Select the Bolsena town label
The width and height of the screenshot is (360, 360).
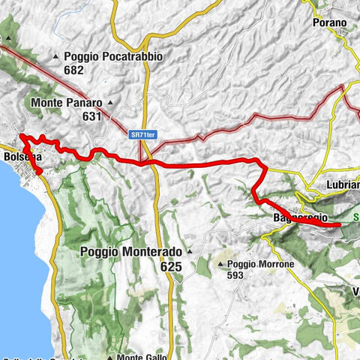[21, 157]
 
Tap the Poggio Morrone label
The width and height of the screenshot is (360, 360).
[262, 264]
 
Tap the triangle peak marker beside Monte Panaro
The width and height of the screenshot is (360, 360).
[111, 102]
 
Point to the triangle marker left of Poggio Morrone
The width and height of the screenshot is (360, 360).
[220, 264]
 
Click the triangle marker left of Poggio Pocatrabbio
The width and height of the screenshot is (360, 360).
[57, 56]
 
